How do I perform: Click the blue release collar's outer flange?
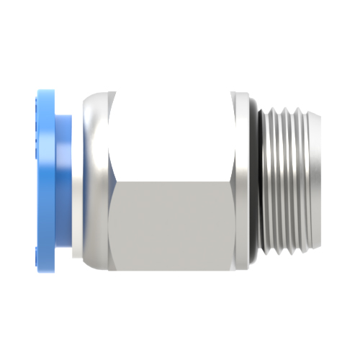click(x=45, y=180)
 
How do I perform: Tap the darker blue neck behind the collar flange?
click(x=65, y=180)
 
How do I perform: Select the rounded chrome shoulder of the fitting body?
click(x=92, y=180)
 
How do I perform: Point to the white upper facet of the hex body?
click(x=173, y=137)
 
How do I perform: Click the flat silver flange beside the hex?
click(x=245, y=180)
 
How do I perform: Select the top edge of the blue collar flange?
click(x=47, y=91)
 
